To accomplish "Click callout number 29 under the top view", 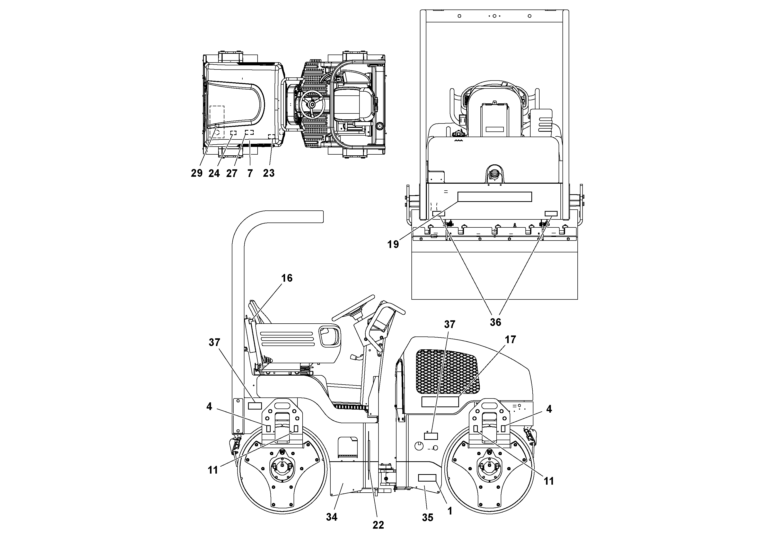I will click(197, 173).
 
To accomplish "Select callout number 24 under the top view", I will click(214, 173).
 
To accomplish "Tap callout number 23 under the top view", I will click(269, 173).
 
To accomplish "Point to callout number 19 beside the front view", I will click(393, 244).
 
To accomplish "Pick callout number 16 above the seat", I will click(287, 278).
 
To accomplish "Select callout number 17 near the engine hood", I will click(510, 340).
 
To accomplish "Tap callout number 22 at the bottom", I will click(378, 525).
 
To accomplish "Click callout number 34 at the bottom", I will click(332, 517).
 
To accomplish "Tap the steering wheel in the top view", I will click(312, 104).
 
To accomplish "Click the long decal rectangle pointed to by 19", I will click(495, 197).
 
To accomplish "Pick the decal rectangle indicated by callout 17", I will click(440, 402).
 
